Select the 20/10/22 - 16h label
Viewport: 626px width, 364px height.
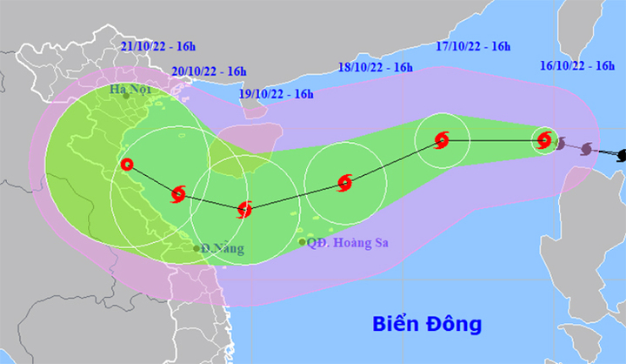click(210, 71)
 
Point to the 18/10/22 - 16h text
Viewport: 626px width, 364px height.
click(375, 66)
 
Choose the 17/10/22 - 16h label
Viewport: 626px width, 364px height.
click(473, 46)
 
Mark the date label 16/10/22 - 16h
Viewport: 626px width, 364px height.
click(576, 65)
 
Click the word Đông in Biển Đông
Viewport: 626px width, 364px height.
click(455, 325)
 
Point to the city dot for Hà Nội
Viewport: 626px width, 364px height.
click(126, 96)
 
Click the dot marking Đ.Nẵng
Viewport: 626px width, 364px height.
click(196, 249)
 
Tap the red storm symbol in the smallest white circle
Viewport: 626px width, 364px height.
click(544, 139)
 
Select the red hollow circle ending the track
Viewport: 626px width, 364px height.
click(128, 164)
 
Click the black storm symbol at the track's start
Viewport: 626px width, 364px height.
click(621, 155)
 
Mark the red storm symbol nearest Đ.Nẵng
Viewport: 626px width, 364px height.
click(179, 193)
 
